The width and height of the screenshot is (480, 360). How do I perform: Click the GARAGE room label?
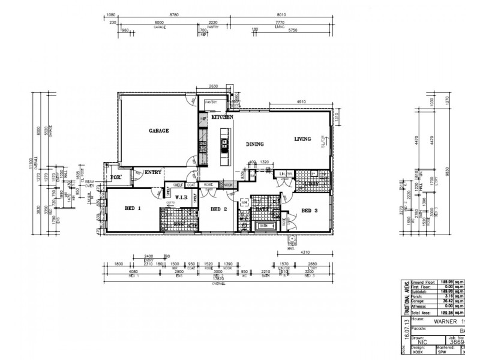[158, 130]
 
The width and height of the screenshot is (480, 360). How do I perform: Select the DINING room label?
[256, 144]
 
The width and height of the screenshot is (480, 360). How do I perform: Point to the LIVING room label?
[302, 139]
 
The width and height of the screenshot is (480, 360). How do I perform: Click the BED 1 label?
[132, 208]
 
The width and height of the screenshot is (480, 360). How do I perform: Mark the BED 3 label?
[309, 211]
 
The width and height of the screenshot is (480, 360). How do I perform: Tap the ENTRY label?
[153, 172]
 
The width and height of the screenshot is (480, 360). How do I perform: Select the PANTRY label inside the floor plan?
[211, 103]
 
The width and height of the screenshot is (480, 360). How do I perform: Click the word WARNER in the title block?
[442, 321]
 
